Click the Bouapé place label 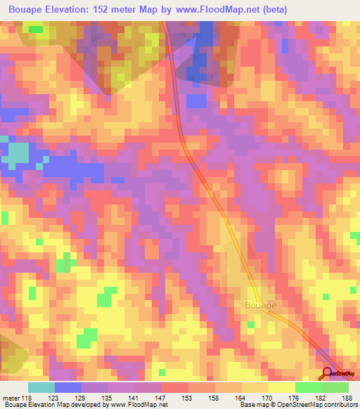click(259, 306)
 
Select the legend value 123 click(56, 397)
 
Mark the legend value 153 click(189, 397)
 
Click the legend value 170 click(269, 397)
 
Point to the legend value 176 click(295, 397)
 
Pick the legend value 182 click(322, 397)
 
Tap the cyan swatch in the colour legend click(41, 387)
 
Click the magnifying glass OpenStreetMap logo click(328, 373)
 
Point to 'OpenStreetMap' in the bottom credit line click(296, 405)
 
